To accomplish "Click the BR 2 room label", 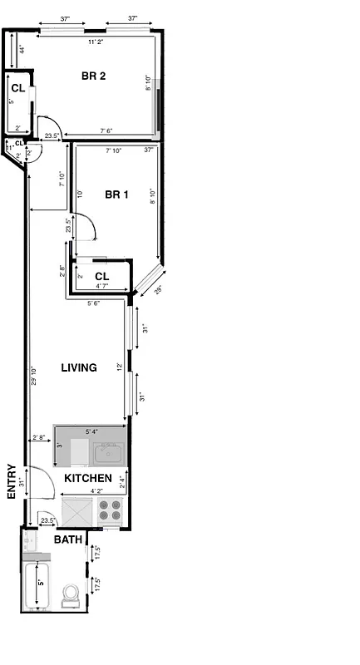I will pos(93,76).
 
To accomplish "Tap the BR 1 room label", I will pos(116,195).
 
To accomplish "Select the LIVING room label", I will pos(80,367).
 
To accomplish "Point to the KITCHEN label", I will pos(88,479).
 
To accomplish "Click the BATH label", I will pos(67,539).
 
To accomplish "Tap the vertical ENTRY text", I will pos(12,481).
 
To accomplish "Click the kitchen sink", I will pos(108,453).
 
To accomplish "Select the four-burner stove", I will pos(110,510).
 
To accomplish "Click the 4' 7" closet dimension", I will pos(102,286).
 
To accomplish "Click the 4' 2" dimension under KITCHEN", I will pos(97,490).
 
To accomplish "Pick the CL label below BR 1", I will pos(102,276).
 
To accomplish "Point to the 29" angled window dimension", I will pos(158,291).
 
